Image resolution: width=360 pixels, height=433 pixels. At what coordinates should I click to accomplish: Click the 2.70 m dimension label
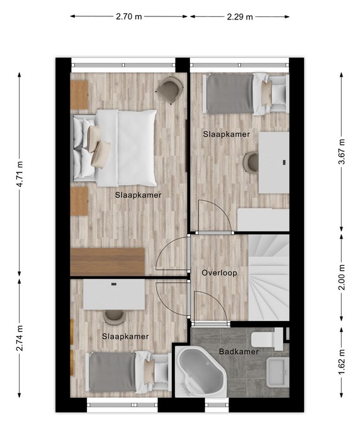[x=128, y=17]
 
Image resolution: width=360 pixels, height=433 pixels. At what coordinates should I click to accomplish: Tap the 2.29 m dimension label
[x=240, y=17]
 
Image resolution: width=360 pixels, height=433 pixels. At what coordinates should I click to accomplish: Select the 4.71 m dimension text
[x=20, y=174]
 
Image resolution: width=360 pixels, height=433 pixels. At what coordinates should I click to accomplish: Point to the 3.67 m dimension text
[x=342, y=152]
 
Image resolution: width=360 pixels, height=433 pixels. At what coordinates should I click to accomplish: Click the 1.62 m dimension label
[x=342, y=363]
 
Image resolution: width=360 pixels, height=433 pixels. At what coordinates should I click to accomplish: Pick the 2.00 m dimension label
[x=342, y=278]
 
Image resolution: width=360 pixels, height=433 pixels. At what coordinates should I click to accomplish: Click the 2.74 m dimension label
[x=20, y=338]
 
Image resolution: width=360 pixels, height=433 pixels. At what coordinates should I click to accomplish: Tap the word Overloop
[x=219, y=273]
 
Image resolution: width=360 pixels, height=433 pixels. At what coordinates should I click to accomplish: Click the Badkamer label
[x=239, y=352]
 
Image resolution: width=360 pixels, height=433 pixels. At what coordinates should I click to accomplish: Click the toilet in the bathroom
[x=267, y=339]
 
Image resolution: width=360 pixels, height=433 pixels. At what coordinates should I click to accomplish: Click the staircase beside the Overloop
[x=269, y=278]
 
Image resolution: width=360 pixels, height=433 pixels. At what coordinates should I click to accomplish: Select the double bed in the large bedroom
[x=115, y=148]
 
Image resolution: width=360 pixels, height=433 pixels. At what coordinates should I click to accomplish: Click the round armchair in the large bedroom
[x=169, y=89]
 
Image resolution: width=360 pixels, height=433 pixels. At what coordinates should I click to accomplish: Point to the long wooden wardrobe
[x=108, y=262]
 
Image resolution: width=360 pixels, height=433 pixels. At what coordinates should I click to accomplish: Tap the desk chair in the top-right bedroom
[x=250, y=162]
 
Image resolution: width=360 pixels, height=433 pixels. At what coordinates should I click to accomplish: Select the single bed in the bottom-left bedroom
[x=128, y=372]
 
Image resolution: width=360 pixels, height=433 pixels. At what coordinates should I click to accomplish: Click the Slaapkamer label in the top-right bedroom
[x=227, y=134]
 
